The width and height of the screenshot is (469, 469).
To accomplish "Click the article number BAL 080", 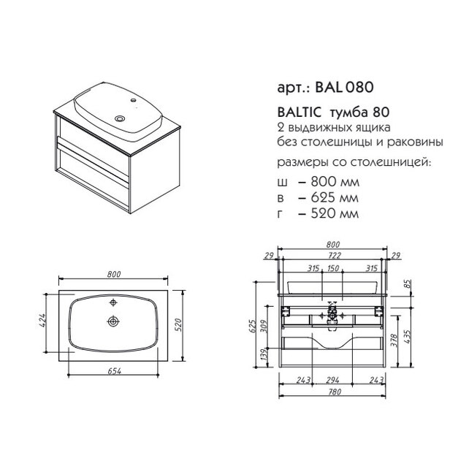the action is coord(344,88).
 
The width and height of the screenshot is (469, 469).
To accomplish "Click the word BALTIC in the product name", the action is coord(299,113).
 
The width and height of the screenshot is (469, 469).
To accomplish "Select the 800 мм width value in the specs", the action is coord(335,182).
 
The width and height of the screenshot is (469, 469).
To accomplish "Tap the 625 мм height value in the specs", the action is coord(335,198).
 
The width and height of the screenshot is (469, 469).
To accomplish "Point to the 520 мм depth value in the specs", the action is coord(335,213).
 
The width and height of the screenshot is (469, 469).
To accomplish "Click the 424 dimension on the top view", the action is coord(42,321).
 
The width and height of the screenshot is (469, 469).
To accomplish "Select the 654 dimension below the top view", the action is coord(114,371).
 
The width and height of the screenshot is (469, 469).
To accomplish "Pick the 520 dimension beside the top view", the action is coord(178,326).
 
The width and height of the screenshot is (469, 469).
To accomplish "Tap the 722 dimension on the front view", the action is coord(334,256).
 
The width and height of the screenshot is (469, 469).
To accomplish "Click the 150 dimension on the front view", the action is coord(333,268).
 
